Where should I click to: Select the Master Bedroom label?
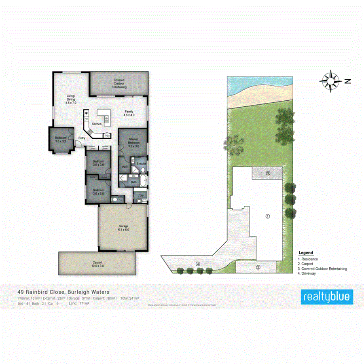pos(133,143)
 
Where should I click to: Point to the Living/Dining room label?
pos(71,99)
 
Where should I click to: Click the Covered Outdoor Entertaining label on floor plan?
pos(119,84)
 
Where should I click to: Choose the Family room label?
pos(129,113)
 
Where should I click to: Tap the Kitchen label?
pos(97,123)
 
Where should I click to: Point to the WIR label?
pos(125,166)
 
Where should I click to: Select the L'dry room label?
pos(141,196)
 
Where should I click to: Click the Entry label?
pos(82,138)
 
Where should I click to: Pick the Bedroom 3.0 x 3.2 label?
pos(61,139)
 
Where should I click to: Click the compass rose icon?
pos(330,81)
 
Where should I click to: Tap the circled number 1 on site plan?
pos(267,216)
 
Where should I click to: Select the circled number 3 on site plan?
pos(268,174)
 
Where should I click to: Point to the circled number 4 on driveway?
pos(198,264)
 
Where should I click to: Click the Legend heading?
pos(305,253)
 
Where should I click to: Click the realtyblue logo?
pos(328,297)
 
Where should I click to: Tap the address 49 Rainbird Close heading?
pos(63,291)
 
